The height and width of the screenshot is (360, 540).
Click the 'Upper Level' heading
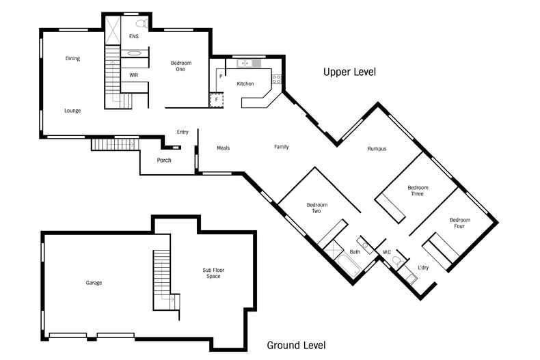pos(349,72)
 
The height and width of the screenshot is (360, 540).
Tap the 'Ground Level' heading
pos(296,345)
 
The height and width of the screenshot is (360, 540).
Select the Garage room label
pos(94,283)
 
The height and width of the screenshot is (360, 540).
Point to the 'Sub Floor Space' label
pos(213,273)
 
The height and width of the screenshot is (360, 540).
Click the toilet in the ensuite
pos(141,24)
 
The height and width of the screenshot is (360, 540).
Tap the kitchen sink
pos(245,64)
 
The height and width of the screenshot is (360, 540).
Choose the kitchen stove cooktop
pos(277,79)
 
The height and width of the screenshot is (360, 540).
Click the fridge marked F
pos(217,100)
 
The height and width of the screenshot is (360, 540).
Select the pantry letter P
pos(221,77)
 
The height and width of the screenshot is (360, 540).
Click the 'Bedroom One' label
pos(181,66)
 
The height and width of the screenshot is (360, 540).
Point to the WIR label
pos(133,75)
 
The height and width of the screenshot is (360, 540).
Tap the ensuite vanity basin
pos(134,53)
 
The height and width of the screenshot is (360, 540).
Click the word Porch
pos(164,160)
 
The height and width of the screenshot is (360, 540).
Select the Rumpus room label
pos(377,149)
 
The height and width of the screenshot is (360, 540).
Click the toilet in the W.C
pos(398,262)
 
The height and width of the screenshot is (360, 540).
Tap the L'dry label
pos(423,267)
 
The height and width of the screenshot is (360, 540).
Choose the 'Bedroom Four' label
pos(460,223)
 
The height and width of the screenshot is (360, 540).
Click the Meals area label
pos(223,148)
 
